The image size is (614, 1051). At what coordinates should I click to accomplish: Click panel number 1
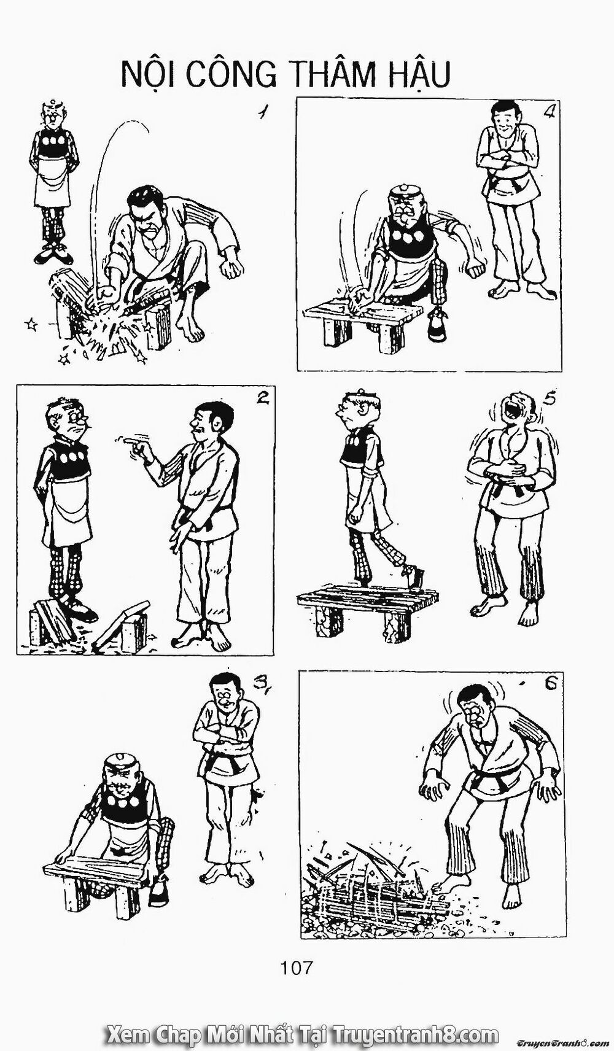[x=263, y=114]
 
